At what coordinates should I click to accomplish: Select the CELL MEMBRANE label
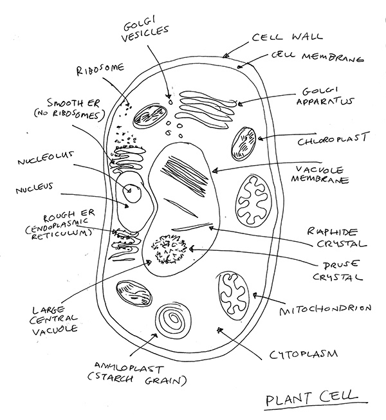(x=316, y=58)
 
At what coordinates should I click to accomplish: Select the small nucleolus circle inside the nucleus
(x=132, y=190)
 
